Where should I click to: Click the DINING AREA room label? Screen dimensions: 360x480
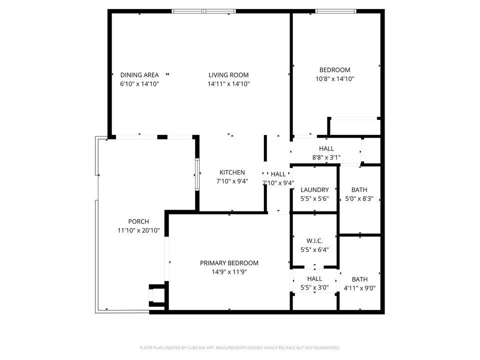click(x=139, y=75)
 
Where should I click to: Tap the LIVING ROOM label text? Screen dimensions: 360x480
click(x=228, y=75)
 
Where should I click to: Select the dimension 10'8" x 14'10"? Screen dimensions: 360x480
click(x=334, y=79)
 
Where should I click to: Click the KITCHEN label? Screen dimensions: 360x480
click(x=232, y=172)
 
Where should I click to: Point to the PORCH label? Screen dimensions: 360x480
click(x=138, y=221)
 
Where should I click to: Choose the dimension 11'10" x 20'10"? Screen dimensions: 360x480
click(x=138, y=230)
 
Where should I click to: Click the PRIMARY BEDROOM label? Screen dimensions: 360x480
click(x=229, y=263)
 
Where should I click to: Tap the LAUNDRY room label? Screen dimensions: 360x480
click(x=314, y=190)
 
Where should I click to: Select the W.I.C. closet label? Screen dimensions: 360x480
click(x=314, y=240)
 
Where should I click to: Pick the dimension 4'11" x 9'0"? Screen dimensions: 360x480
click(x=359, y=288)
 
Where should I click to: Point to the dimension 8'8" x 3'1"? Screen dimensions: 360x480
click(x=326, y=157)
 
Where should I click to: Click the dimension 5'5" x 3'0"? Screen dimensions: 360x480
click(x=314, y=287)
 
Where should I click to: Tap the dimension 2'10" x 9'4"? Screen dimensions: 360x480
click(x=278, y=182)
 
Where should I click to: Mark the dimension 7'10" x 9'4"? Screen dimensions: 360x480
click(x=232, y=181)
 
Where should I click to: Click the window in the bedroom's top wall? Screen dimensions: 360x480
click(x=335, y=11)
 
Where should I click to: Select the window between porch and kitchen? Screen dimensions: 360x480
click(x=197, y=172)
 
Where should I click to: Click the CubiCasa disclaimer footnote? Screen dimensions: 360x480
click(x=239, y=347)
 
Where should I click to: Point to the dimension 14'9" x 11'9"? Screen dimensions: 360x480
click(x=229, y=272)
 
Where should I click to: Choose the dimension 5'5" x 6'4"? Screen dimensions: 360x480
click(x=314, y=249)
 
